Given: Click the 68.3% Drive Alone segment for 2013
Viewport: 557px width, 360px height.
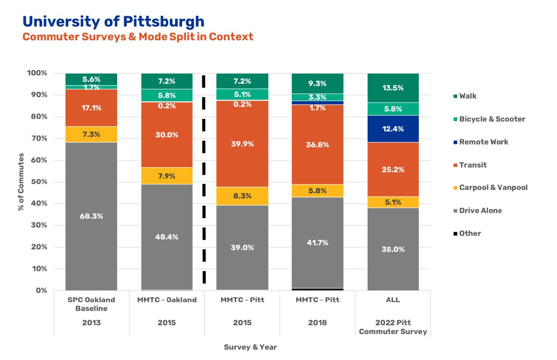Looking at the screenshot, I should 91,216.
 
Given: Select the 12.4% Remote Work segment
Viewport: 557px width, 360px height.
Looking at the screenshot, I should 393,129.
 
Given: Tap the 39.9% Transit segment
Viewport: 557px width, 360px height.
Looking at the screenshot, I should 242,144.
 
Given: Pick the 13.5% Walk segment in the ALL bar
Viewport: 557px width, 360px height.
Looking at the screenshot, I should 393,88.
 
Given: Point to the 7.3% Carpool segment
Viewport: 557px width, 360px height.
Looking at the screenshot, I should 91,134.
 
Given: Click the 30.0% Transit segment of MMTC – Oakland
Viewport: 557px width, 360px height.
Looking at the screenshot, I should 167,135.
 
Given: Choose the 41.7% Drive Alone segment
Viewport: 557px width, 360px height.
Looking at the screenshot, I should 317,242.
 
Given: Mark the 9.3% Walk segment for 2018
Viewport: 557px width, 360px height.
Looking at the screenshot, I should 317,84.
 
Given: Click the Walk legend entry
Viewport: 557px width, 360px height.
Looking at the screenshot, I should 468,96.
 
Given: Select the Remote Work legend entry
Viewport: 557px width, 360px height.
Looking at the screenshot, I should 483,142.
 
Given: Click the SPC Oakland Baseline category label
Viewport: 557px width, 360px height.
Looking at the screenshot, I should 91,304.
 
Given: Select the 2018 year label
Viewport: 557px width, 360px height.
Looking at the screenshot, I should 317,323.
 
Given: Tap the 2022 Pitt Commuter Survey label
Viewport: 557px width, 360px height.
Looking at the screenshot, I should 393,327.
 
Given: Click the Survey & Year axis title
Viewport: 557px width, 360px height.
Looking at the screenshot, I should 250,347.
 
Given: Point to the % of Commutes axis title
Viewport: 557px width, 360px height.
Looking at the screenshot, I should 21,182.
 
